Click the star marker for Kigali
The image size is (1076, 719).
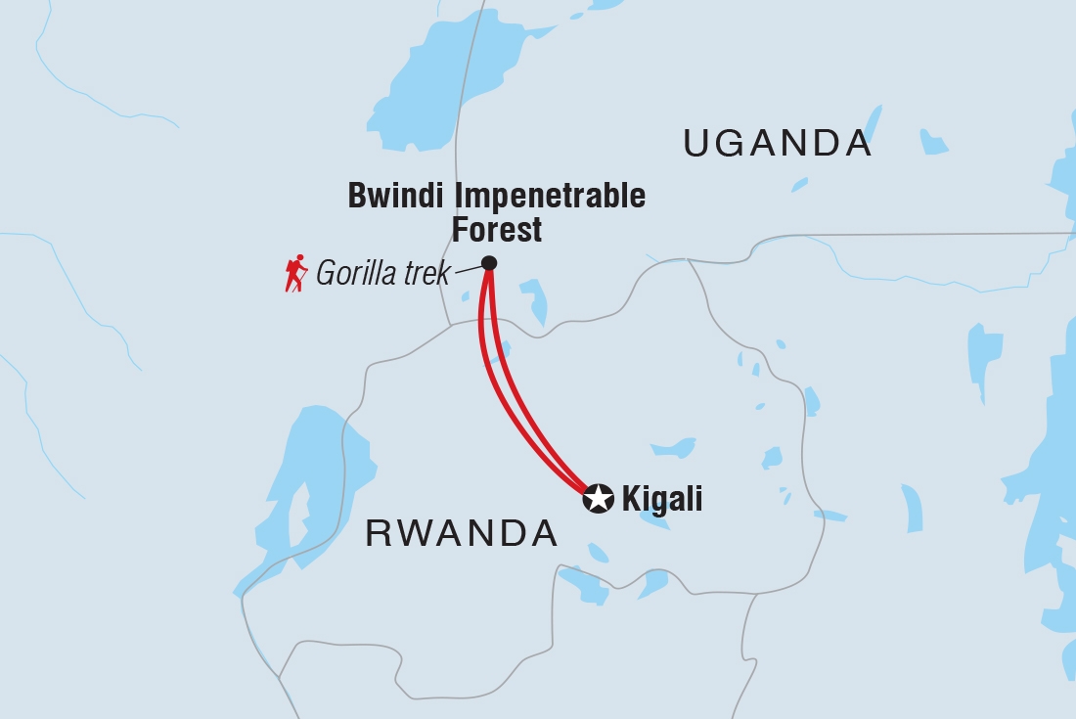598,498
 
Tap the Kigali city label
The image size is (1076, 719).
662,499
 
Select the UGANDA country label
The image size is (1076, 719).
777,144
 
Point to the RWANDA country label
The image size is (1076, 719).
461,534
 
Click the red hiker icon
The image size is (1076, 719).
294,274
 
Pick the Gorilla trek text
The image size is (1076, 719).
382,274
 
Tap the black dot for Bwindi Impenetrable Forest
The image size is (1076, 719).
489,262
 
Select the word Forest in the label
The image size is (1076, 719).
497,230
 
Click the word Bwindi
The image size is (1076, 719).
390,196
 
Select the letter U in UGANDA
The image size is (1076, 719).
696,144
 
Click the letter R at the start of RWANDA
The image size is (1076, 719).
376,534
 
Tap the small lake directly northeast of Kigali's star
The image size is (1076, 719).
673,448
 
